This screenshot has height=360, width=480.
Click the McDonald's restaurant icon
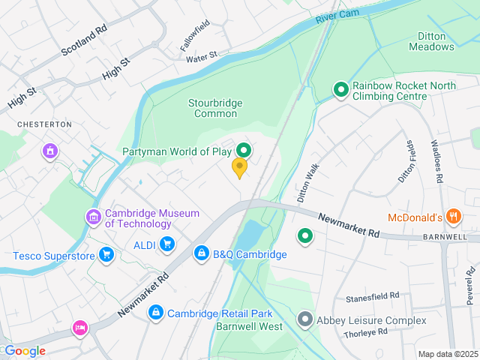tap(453, 217)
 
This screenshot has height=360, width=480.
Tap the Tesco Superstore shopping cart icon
tap(106, 256)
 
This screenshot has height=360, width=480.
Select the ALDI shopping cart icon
tap(166, 243)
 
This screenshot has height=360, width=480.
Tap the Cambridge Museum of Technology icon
tap(94, 217)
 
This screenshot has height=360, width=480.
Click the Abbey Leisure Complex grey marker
tap(304, 319)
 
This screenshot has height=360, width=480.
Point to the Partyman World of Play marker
tap(244, 151)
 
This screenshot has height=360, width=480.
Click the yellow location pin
tap(239, 167)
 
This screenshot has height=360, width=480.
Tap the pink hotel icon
tap(79, 328)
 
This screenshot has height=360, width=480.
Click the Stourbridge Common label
tap(215, 108)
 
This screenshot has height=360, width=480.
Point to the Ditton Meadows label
tap(431, 40)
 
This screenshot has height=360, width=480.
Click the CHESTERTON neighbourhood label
tap(46, 124)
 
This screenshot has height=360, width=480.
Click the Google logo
tap(24, 351)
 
